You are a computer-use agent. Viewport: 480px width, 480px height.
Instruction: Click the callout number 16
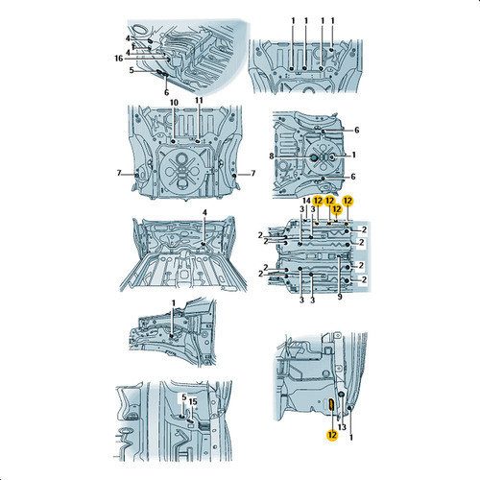click(119, 59)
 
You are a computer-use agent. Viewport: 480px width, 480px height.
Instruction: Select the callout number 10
click(174, 103)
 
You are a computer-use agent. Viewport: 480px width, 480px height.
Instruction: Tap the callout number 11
click(199, 100)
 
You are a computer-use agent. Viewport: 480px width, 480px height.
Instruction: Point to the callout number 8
click(272, 156)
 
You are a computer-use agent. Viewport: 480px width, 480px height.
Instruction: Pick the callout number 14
click(306, 201)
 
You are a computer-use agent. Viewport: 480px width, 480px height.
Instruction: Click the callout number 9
click(340, 297)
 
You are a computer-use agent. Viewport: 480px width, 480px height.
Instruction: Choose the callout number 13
click(342, 427)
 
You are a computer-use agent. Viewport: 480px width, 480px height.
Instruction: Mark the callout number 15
click(193, 401)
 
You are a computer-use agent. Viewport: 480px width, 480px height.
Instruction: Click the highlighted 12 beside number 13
click(332, 435)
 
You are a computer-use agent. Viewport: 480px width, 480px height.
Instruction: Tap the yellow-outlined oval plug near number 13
click(331, 405)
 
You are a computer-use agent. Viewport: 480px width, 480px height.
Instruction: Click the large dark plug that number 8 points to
click(314, 157)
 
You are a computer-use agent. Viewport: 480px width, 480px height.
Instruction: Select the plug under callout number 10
click(173, 141)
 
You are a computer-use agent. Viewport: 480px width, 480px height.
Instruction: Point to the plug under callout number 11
click(198, 141)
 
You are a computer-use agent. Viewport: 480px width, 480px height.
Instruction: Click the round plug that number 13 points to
click(341, 395)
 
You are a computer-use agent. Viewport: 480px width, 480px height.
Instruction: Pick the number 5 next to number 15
click(184, 397)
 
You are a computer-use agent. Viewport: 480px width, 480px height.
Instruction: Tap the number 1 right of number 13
click(351, 437)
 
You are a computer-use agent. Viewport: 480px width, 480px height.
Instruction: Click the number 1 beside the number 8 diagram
click(353, 155)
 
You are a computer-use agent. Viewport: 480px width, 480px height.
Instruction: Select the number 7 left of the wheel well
click(119, 173)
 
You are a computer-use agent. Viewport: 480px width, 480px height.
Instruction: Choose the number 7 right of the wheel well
click(253, 173)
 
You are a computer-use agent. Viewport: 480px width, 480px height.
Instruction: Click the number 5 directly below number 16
click(132, 70)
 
